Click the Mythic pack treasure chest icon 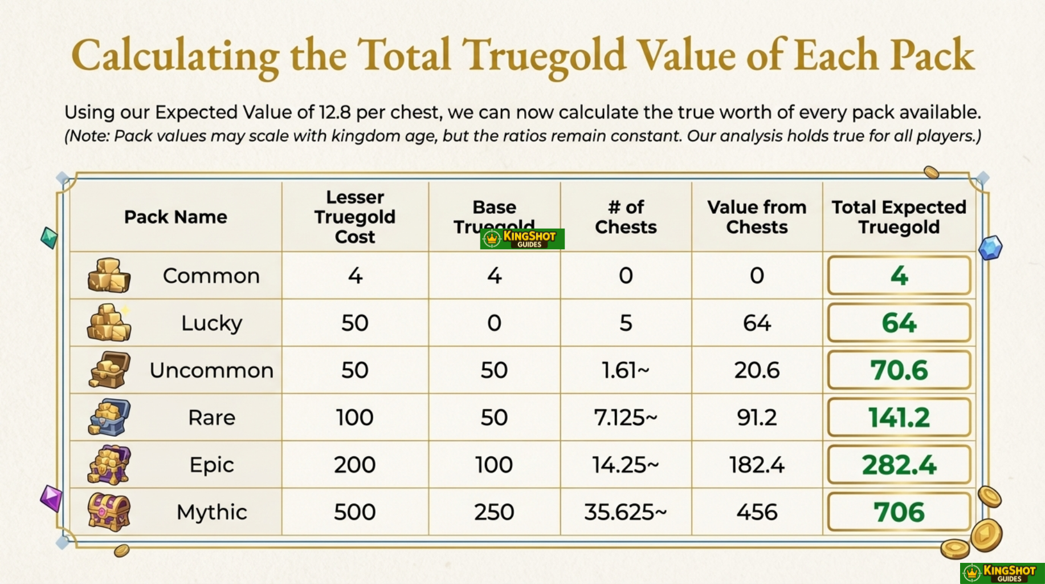(109, 512)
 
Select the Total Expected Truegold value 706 (899, 512)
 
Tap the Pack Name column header (175, 217)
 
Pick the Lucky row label (211, 323)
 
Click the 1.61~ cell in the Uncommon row (625, 371)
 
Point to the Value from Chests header (757, 217)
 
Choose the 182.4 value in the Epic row (757, 465)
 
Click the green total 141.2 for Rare (899, 418)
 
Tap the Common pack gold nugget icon (109, 275)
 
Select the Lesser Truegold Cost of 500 (354, 512)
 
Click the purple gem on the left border (51, 498)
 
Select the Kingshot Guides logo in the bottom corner (1002, 573)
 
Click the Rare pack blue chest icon (109, 417)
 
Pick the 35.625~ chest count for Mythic (625, 512)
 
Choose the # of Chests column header (626, 217)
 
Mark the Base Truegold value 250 (493, 512)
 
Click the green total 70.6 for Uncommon (899, 371)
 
